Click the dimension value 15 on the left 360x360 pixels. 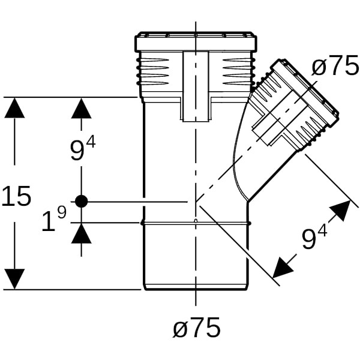click(16, 196)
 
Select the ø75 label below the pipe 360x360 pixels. click(196, 328)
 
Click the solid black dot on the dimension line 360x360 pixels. click(82, 202)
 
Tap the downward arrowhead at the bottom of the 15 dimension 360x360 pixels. click(15, 278)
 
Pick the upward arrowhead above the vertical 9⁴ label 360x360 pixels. click(82, 109)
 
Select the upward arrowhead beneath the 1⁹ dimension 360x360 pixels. click(82, 234)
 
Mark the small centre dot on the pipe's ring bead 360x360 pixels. click(196, 221)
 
